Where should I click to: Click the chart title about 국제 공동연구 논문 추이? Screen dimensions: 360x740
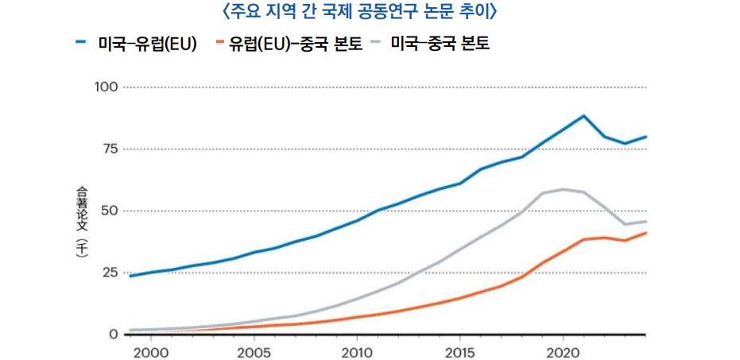[370, 12]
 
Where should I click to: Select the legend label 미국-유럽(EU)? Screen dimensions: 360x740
[147, 44]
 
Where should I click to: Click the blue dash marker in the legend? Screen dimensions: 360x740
[80, 43]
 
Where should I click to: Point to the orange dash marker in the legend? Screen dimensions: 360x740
[219, 43]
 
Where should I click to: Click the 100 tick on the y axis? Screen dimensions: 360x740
[105, 87]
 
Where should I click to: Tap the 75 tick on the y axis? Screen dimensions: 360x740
[109, 149]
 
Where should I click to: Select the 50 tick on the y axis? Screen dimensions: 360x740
[109, 211]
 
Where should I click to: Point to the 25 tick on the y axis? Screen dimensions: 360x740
[109, 273]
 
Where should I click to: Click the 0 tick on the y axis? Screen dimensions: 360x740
[114, 335]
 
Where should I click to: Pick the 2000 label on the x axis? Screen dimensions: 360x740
[151, 351]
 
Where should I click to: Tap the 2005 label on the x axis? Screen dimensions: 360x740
[254, 351]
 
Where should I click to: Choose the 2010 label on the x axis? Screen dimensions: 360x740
[357, 351]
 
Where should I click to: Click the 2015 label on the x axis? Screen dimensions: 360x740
[459, 351]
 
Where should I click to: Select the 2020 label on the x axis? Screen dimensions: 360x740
[563, 351]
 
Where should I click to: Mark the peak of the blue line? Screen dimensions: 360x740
[583, 116]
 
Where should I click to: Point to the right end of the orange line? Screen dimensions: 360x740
[645, 233]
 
